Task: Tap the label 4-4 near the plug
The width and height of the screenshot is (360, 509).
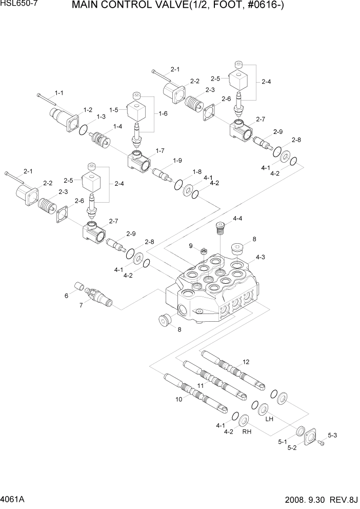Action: [x=237, y=219]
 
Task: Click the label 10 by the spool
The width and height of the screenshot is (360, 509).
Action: [x=178, y=399]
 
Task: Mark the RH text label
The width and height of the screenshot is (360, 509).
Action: [x=247, y=432]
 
